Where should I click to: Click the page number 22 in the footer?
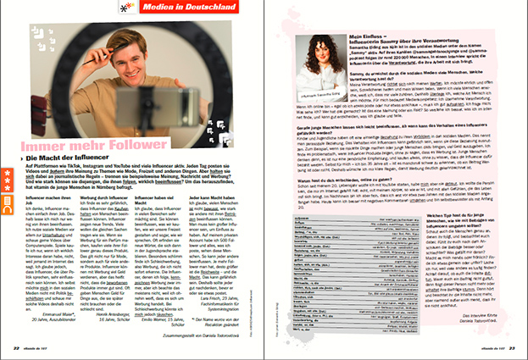[17, 346]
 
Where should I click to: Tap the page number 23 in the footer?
[512, 346]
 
